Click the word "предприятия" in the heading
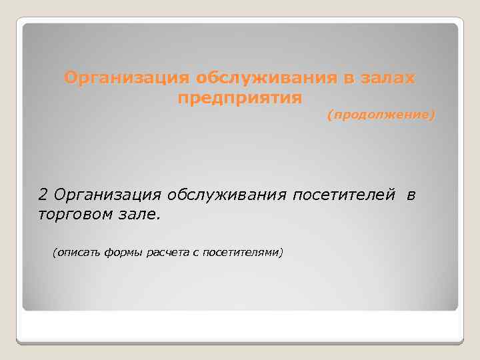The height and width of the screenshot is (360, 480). [240, 98]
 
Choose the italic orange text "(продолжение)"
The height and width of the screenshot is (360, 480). [381, 116]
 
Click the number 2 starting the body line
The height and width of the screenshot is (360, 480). [43, 195]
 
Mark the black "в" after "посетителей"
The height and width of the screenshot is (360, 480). [411, 195]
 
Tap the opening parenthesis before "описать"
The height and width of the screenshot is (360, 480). [54, 253]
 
